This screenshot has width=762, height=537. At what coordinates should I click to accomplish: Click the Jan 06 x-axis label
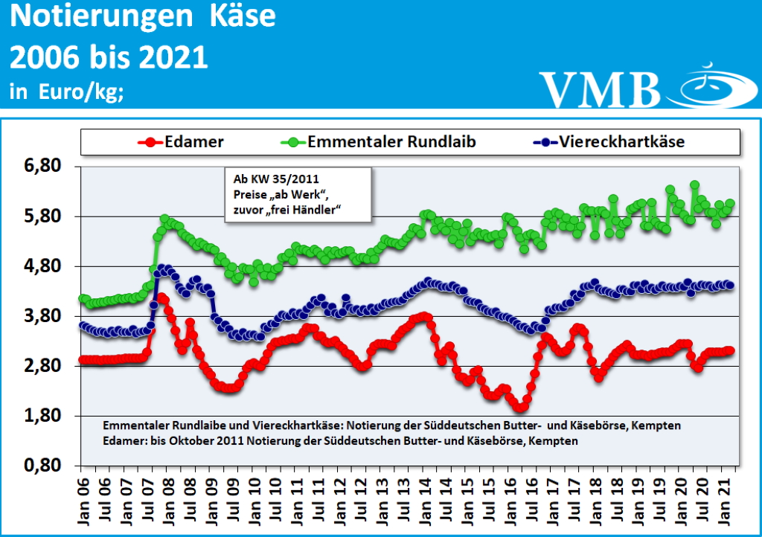click(x=84, y=495)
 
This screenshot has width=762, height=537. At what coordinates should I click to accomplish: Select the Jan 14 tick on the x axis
click(x=429, y=495)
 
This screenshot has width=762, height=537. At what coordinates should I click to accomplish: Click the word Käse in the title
click(x=236, y=16)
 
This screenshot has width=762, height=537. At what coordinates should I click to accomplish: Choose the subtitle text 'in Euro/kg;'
click(x=66, y=92)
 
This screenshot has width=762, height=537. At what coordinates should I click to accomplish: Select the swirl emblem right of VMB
click(x=711, y=87)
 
